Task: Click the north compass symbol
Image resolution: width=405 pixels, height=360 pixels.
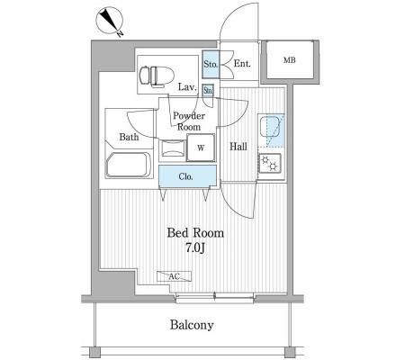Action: tap(110, 20)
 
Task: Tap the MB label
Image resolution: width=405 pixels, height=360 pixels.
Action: tap(290, 60)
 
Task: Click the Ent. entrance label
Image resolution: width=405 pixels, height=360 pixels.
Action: tap(242, 64)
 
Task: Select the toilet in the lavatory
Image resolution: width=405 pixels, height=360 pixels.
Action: tap(157, 76)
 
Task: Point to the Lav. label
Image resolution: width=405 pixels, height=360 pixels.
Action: tap(187, 87)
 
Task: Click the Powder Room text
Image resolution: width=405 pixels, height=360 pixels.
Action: tap(189, 121)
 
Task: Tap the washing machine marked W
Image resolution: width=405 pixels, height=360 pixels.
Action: tap(201, 148)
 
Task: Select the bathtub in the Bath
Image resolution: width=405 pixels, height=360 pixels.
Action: tap(128, 166)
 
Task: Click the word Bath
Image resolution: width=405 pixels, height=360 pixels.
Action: tap(129, 137)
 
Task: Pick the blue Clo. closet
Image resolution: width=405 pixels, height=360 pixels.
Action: tap(187, 176)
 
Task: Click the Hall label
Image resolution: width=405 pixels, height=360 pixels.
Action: tap(238, 147)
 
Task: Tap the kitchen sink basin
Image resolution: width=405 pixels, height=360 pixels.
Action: tap(270, 127)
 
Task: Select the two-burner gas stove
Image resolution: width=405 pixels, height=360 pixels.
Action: tap(270, 163)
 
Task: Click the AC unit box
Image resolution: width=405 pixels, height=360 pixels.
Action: tap(174, 276)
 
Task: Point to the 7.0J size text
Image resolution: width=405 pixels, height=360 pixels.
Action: tap(195, 247)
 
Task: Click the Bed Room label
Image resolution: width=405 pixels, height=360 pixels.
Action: tap(195, 233)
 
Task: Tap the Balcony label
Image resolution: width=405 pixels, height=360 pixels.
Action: tap(192, 325)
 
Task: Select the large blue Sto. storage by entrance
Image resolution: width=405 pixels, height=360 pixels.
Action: tap(211, 64)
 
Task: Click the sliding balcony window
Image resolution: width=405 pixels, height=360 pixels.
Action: tap(214, 298)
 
